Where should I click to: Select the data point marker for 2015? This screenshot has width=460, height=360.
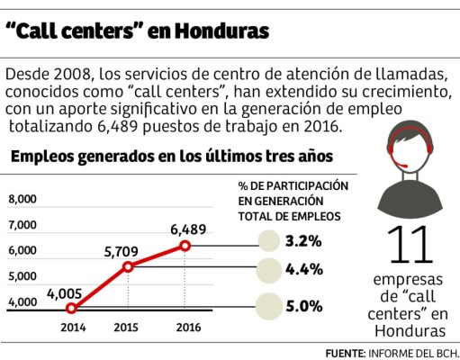[128, 266]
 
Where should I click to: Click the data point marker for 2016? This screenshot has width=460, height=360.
[185, 245]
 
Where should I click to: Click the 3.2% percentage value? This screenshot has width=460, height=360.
[304, 241]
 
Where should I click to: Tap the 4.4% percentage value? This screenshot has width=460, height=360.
[304, 268]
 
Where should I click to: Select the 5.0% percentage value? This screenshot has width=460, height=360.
[304, 306]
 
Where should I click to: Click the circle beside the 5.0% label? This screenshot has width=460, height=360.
[271, 306]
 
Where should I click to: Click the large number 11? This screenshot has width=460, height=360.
[407, 246]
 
